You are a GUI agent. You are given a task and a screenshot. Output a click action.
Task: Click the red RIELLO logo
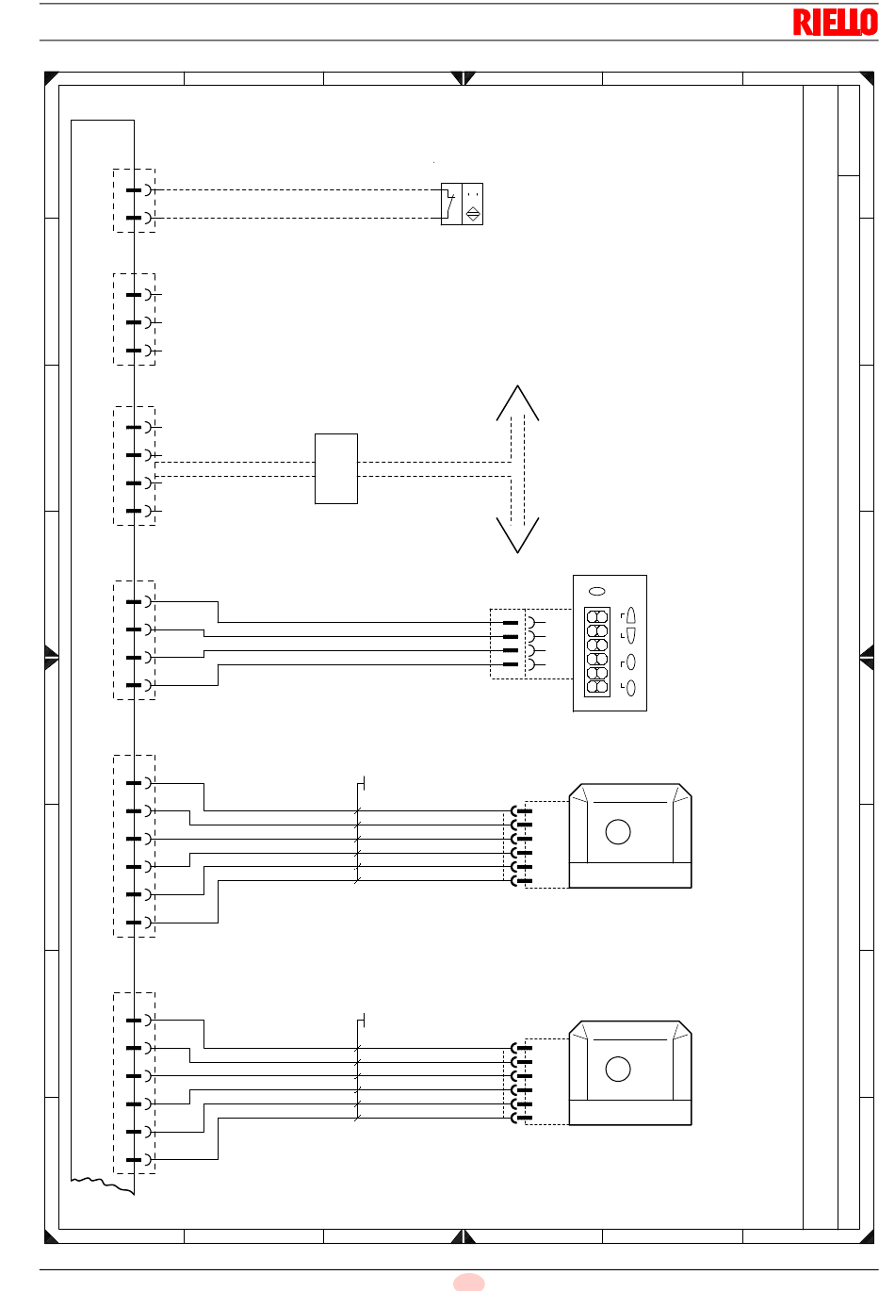coord(835,23)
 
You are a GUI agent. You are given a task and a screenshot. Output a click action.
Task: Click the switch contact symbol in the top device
coord(450,204)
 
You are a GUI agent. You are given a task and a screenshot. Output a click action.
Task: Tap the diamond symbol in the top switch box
coord(473,214)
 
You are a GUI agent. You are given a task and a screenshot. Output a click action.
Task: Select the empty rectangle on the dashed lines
coord(336,468)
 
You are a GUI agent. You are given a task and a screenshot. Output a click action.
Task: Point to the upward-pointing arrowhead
coord(517,403)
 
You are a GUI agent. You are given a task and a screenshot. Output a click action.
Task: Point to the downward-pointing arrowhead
coord(517,535)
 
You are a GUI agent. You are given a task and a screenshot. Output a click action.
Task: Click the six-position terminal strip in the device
coord(597,652)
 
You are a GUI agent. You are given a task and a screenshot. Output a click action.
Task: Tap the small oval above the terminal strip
coord(597,592)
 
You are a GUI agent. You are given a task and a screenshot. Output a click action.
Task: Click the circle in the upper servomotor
coord(618,832)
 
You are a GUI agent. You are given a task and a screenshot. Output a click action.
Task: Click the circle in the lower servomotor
coord(618,1070)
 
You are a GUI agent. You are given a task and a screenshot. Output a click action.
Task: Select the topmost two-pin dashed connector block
coord(135,201)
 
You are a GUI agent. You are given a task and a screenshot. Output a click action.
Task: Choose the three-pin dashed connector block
coord(135,319)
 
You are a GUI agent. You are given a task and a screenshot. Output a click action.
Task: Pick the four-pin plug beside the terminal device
coord(518,644)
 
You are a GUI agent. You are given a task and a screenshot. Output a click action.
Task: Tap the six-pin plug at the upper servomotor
coord(521,845)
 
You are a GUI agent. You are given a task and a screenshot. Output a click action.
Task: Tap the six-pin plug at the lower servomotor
coord(521,1083)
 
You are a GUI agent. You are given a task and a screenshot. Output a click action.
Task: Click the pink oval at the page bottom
coord(468,1283)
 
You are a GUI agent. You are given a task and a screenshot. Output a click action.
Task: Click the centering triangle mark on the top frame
coord(463,78)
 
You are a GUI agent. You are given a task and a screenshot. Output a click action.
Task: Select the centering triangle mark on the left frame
coord(52,657)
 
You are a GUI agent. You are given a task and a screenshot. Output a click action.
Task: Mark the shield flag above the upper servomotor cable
coord(361,784)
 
